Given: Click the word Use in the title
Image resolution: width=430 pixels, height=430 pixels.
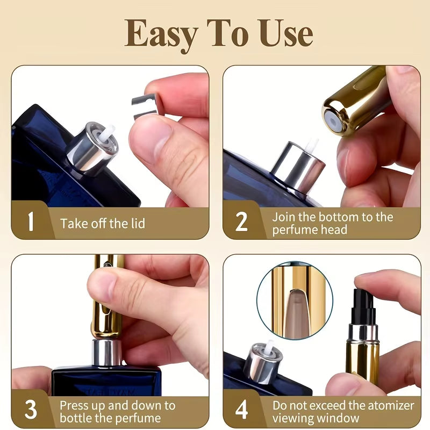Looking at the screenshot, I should point(284,33).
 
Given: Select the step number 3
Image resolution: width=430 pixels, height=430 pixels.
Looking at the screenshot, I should point(31,411).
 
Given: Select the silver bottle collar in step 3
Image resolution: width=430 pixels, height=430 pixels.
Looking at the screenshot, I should point(106,353).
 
